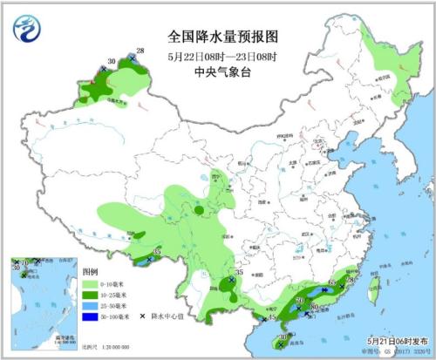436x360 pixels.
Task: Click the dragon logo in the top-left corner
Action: [x=27, y=29]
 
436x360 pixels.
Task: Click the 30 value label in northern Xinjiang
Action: [x=110, y=62]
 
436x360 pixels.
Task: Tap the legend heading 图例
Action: [x=90, y=273]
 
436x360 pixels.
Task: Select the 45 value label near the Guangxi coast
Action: [x=271, y=319]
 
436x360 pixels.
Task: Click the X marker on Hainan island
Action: [x=280, y=345]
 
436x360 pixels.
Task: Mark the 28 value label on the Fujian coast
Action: [x=351, y=279]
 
